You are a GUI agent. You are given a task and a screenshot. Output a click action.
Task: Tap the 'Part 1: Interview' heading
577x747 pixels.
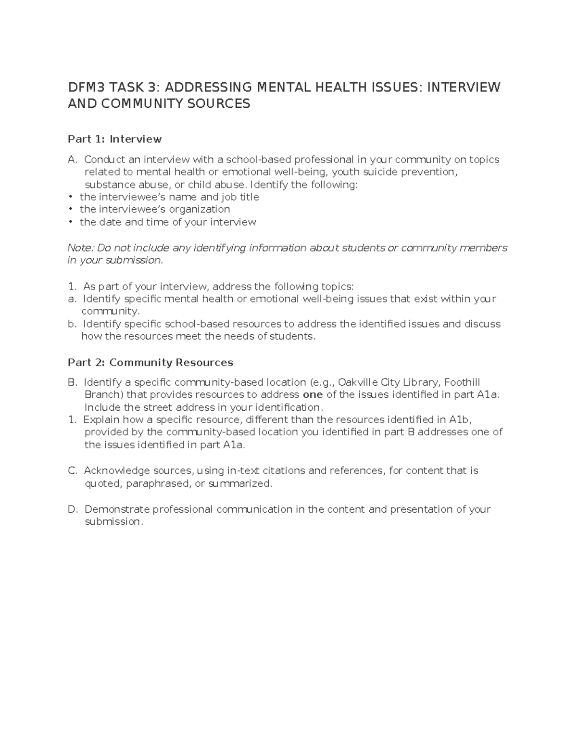114,139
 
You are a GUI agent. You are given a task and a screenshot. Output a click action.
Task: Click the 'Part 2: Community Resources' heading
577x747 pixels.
150,363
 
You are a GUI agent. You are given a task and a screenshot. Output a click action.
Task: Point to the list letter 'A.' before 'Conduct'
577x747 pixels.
73,160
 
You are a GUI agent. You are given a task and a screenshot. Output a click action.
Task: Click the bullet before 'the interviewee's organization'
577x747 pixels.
70,209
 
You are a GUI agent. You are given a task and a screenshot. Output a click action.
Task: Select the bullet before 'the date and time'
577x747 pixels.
70,222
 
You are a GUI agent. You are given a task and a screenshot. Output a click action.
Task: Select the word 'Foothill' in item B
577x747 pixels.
462,383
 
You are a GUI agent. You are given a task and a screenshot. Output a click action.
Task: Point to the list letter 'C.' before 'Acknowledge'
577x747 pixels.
73,471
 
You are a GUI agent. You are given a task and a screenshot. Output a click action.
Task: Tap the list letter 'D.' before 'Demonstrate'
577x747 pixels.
73,509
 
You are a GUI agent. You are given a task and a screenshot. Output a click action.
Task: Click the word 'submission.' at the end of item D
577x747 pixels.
114,522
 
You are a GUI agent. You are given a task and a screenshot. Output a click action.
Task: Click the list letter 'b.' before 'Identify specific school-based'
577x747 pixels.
72,324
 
